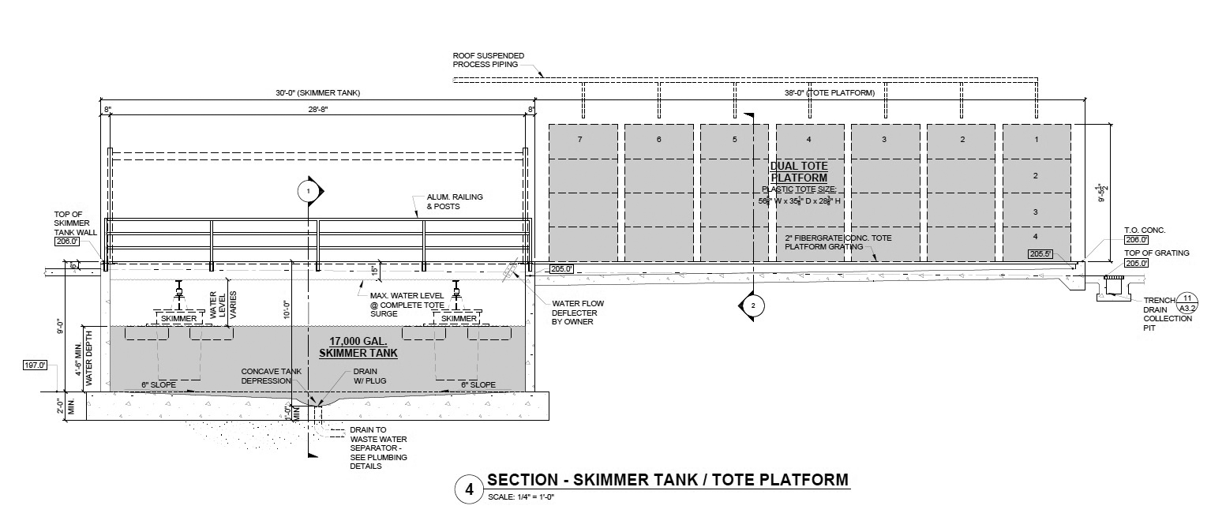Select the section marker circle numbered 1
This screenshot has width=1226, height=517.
click(x=308, y=190)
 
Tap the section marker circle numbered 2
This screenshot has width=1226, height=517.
click(x=753, y=305)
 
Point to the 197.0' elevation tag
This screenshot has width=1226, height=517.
click(x=36, y=365)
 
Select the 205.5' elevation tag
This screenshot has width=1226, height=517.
click(x=1040, y=254)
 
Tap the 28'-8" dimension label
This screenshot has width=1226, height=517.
click(x=318, y=111)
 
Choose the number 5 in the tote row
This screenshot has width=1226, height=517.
click(x=733, y=140)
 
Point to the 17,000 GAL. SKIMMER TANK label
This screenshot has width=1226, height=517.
click(x=358, y=346)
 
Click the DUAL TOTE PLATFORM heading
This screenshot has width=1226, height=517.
click(x=799, y=171)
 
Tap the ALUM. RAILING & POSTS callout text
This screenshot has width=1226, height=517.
click(x=454, y=200)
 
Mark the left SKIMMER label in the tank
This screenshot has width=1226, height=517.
click(x=178, y=318)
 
